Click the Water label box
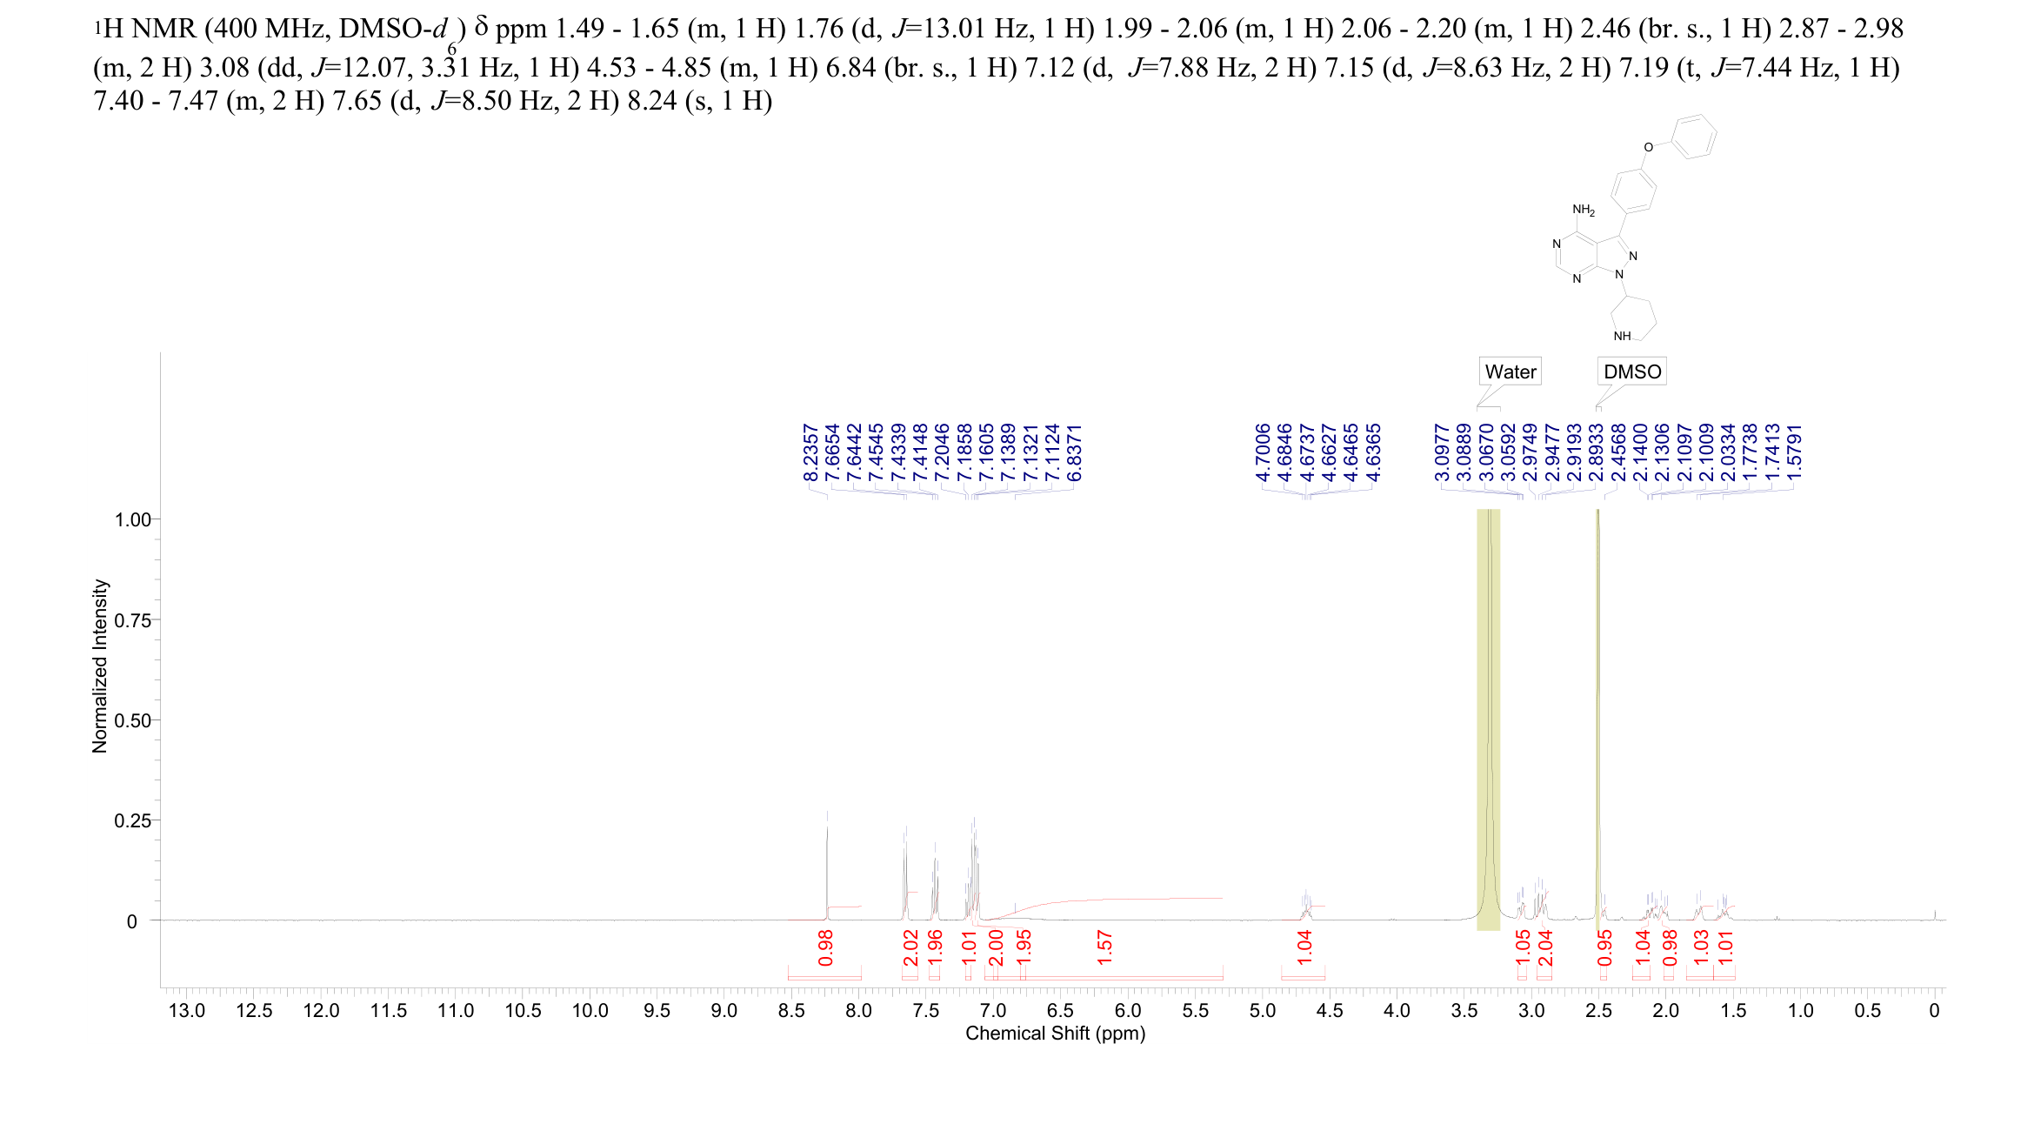click(x=1510, y=371)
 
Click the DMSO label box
click(x=1631, y=371)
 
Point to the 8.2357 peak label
click(x=810, y=452)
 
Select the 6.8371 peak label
click(x=1075, y=452)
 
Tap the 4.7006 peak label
click(x=1263, y=452)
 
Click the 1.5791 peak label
click(x=1794, y=452)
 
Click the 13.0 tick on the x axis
click(x=187, y=1011)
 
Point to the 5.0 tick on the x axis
click(x=1263, y=1011)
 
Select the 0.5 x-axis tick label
click(x=1867, y=1011)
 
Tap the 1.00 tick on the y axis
click(x=132, y=520)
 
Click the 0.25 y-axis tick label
click(x=132, y=821)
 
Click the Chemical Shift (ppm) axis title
click(x=1055, y=1034)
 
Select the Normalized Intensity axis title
click(x=100, y=666)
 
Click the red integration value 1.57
click(x=1104, y=947)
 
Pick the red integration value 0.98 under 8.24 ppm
click(x=826, y=947)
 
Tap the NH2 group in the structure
click(x=1584, y=210)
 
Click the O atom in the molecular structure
click(x=1648, y=147)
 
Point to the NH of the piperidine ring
click(x=1622, y=336)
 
